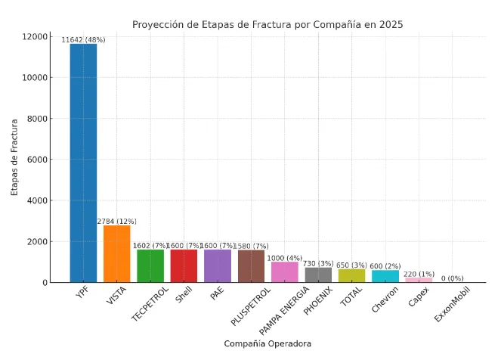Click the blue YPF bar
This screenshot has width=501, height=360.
(x=83, y=163)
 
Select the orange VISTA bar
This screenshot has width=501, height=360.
(x=116, y=254)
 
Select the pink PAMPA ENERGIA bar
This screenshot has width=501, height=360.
(x=285, y=272)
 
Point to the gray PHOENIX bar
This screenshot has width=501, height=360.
(x=318, y=275)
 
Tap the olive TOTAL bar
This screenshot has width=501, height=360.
(x=351, y=276)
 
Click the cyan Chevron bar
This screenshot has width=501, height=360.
(x=385, y=277)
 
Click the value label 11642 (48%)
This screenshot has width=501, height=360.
(x=83, y=39)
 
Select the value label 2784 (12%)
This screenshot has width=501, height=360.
(x=116, y=222)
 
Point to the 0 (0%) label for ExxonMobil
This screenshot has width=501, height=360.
(x=453, y=278)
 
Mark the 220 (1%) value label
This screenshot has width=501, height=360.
(x=419, y=274)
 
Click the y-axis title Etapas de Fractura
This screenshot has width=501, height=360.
(x=14, y=160)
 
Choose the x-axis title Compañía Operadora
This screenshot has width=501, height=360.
(x=268, y=343)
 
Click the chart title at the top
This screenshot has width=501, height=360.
(x=268, y=24)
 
